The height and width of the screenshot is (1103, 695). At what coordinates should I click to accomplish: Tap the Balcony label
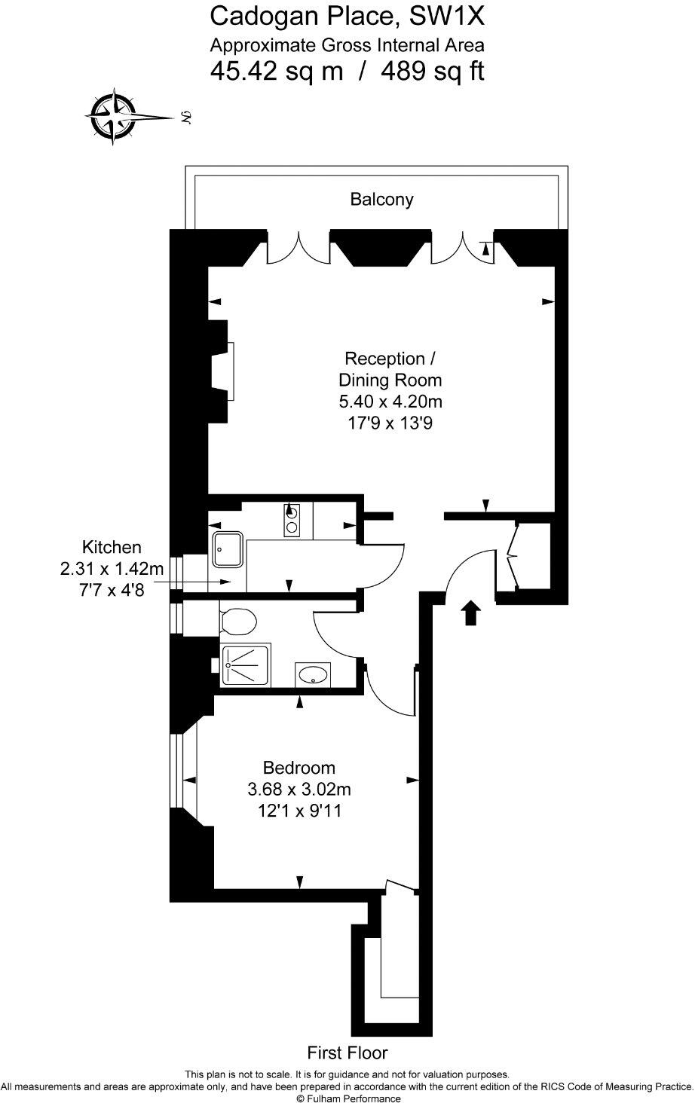coord(381,200)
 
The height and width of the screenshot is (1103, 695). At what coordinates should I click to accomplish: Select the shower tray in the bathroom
coord(245,665)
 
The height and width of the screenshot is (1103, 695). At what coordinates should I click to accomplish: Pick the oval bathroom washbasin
coord(312,674)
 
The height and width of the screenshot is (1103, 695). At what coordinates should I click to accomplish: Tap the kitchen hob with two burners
coord(292,520)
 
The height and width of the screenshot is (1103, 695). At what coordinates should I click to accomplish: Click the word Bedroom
coord(299,768)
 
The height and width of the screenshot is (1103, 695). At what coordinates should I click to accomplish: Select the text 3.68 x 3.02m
coord(299,790)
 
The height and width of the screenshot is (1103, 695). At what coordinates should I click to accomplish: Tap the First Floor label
coord(347,1053)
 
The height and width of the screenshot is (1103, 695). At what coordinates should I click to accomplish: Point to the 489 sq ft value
coord(433,72)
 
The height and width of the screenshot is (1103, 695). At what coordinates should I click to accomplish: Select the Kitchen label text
coord(112,547)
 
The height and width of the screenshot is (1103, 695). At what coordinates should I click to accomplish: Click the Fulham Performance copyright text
coord(347,1098)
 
